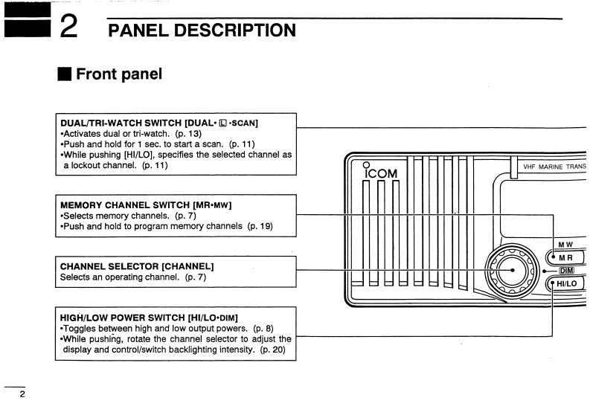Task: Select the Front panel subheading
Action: coord(119,74)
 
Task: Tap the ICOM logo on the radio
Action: coord(381,173)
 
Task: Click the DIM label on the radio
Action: coord(568,271)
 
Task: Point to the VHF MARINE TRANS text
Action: coord(554,167)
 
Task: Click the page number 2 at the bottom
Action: coord(22,394)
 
